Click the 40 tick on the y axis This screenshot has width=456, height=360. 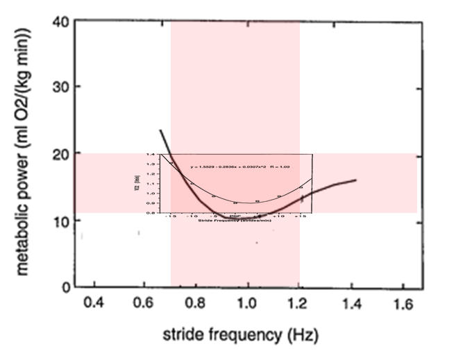[x=60, y=22]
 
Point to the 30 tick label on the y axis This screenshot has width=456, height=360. [x=60, y=87]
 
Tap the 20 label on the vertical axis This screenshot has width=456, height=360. [x=60, y=154]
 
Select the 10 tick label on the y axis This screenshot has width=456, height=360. [x=60, y=221]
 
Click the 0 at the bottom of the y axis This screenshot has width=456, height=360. [x=65, y=286]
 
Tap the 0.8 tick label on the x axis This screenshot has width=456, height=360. [x=196, y=303]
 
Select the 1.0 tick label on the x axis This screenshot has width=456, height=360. [x=247, y=303]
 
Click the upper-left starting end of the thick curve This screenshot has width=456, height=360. [x=160, y=130]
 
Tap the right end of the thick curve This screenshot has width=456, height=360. [x=356, y=180]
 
